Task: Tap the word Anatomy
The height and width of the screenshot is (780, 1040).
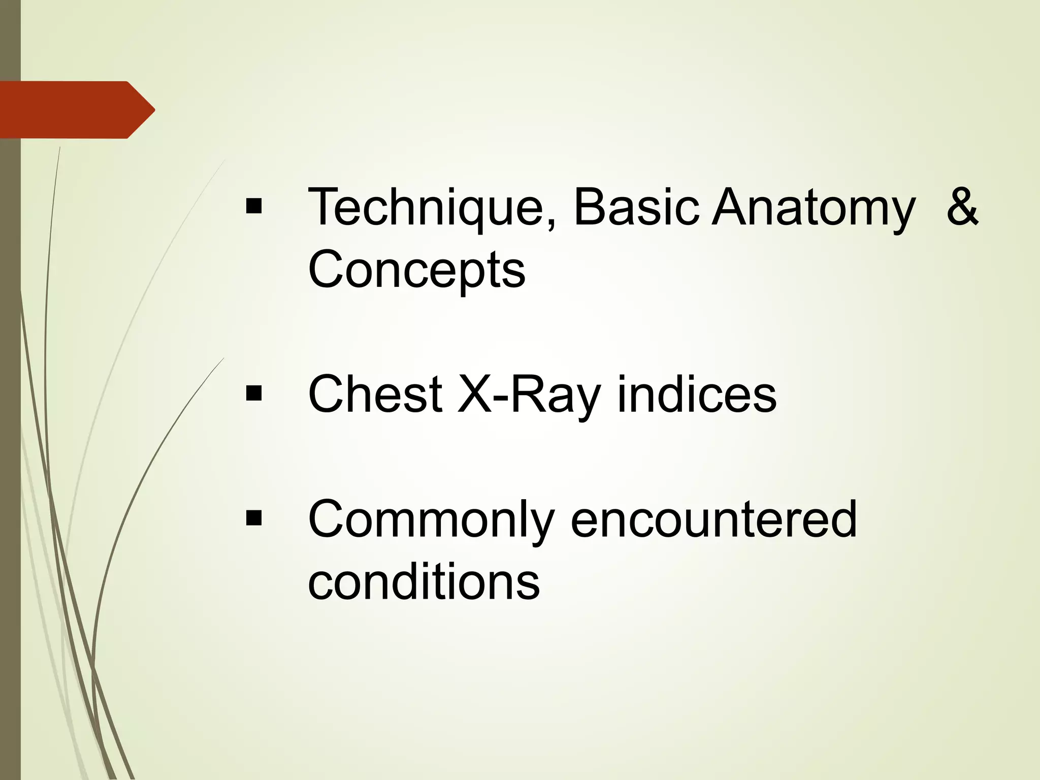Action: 813,208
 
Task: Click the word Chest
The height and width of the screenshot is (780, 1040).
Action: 375,395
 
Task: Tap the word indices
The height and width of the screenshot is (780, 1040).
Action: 696,395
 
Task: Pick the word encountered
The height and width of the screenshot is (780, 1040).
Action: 713,519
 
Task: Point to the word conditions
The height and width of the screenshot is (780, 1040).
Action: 424,582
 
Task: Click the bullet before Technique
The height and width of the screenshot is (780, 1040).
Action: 253,207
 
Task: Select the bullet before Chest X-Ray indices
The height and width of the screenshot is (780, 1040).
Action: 253,393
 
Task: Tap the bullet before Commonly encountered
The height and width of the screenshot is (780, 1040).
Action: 253,518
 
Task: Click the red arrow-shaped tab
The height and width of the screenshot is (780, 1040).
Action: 71,110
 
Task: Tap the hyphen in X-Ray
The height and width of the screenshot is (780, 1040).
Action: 501,399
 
